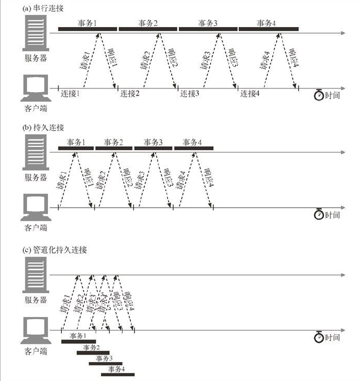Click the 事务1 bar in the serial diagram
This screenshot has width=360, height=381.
tap(88, 29)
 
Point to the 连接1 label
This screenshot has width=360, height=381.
tap(71, 93)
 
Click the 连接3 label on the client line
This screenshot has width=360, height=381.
tap(191, 93)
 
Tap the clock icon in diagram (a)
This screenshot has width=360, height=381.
tap(319, 95)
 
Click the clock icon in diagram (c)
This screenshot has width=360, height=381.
tap(319, 336)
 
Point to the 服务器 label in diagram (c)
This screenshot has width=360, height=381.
tap(34, 300)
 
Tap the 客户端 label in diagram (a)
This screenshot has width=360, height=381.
tap(34, 108)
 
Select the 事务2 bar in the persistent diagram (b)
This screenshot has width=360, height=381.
tap(114, 149)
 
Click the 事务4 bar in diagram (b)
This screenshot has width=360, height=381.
tap(193, 149)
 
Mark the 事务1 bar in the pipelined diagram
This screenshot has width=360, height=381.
tap(78, 342)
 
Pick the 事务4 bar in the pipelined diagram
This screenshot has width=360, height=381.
tap(118, 374)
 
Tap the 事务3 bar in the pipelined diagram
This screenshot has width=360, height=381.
tap(104, 363)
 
